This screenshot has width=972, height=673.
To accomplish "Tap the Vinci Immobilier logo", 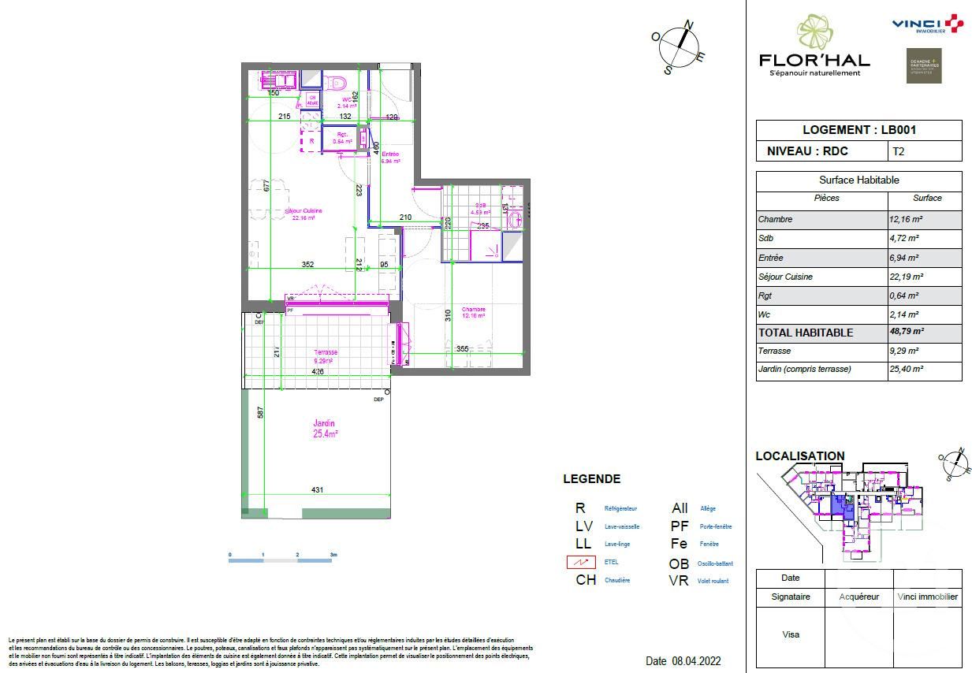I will [927, 24].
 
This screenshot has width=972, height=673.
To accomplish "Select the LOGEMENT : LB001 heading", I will [858, 130].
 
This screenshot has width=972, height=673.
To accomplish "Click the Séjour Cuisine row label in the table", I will [785, 277].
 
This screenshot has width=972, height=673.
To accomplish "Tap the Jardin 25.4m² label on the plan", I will [325, 429].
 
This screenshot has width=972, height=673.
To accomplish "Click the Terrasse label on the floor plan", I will [325, 353].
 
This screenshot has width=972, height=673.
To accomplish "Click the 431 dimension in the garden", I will [317, 490].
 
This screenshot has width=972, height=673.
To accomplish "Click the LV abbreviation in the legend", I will [583, 526].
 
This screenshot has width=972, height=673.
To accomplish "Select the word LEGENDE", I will [591, 478].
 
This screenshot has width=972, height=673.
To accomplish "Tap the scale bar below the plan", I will [281, 560].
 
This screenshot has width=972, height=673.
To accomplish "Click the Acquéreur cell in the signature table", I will [858, 597].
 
